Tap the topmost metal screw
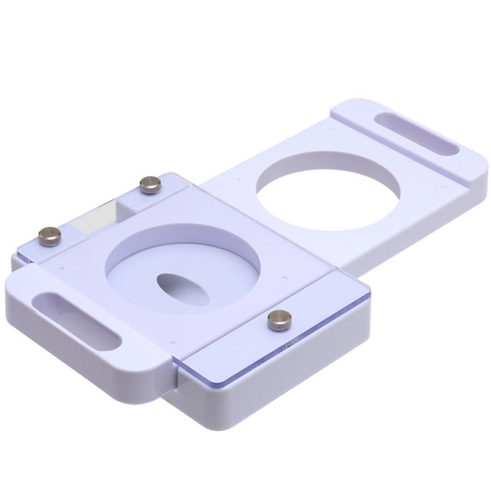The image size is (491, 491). pos(150,185)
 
